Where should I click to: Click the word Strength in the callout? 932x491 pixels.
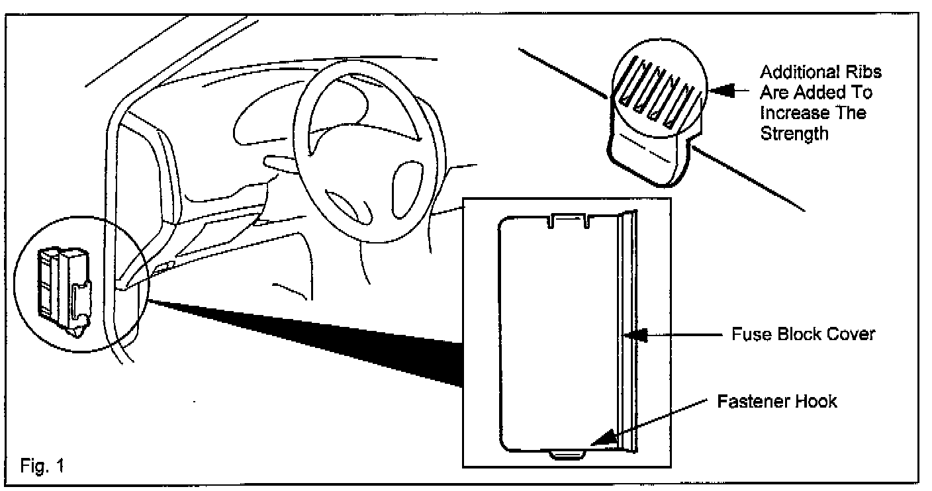tap(794, 133)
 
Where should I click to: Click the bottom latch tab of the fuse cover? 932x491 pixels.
tap(569, 454)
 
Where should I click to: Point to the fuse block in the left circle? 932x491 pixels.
tap(63, 285)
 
